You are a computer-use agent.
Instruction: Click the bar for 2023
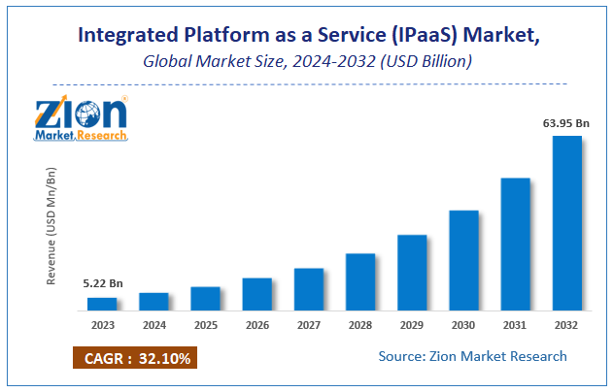click(x=102, y=304)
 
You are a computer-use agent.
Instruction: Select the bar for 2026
click(x=257, y=294)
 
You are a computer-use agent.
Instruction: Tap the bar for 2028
click(x=360, y=281)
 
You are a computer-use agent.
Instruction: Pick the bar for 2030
click(x=463, y=260)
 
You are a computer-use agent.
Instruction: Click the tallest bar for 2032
click(x=567, y=223)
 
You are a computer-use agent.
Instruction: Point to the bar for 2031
click(x=515, y=244)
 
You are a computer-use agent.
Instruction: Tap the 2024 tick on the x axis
click(x=153, y=324)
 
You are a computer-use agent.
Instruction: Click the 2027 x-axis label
click(x=309, y=324)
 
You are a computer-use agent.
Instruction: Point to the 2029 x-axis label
click(x=412, y=324)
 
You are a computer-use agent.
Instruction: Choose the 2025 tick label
click(x=205, y=324)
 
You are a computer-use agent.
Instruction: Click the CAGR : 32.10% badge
click(x=134, y=358)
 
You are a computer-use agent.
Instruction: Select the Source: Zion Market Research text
click(x=473, y=357)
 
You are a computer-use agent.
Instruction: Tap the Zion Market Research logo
click(x=81, y=118)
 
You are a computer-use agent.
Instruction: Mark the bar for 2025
click(x=205, y=299)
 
